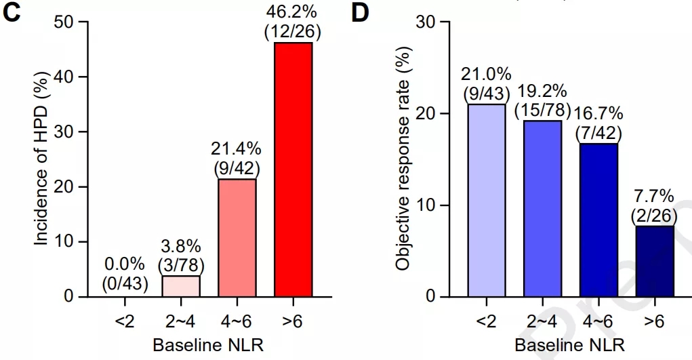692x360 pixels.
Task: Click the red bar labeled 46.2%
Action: coord(293,169)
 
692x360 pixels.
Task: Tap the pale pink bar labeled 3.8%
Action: coord(181,286)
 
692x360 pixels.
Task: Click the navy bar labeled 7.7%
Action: coord(654,261)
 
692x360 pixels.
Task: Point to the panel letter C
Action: coord(14,15)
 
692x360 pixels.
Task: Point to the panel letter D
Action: coord(361,15)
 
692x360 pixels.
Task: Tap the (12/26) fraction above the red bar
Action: coord(293,32)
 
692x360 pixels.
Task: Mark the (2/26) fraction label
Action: coord(655,215)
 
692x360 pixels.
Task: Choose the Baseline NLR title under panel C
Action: coord(208,344)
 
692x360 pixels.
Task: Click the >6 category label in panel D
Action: coord(654,323)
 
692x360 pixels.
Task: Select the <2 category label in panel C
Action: coord(125,323)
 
